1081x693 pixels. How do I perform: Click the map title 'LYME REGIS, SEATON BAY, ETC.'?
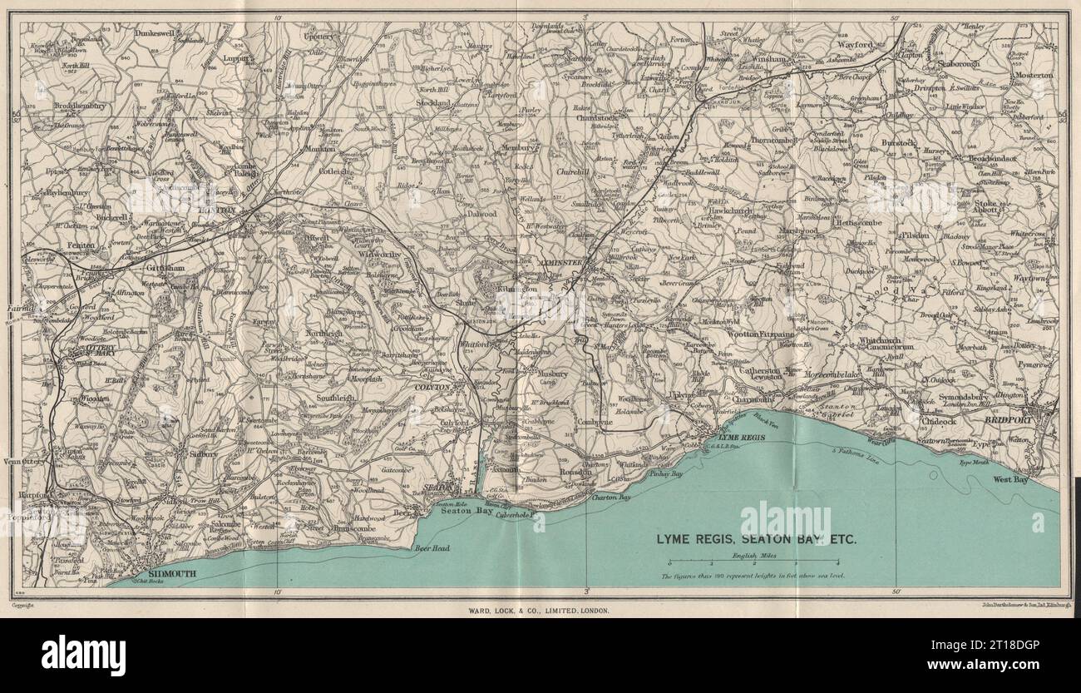[757, 538]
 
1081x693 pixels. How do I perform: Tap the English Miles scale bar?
[758, 564]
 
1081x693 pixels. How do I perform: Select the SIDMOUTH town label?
[164, 575]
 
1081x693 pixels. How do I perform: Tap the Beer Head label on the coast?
[432, 548]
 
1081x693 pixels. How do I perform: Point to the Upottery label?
[318, 38]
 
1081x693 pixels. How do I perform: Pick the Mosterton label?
[1030, 75]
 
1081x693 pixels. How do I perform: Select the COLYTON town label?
[432, 387]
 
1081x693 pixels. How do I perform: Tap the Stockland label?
[434, 103]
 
